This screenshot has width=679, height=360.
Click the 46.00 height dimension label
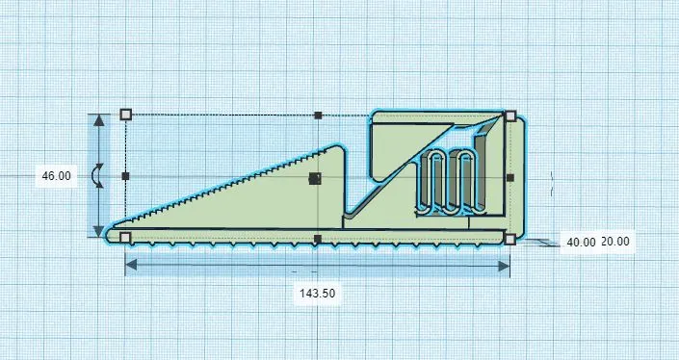[x=56, y=176]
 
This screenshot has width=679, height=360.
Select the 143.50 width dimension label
[x=317, y=294]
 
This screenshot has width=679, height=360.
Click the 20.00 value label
[x=615, y=243]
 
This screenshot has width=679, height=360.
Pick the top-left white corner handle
[x=125, y=115]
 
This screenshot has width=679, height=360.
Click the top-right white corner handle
[x=509, y=116]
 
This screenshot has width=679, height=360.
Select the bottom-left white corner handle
[x=125, y=237]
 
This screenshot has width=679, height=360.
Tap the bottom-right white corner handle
[x=509, y=237]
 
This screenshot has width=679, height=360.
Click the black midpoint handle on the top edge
[x=318, y=116]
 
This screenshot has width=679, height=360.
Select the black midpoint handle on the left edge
[x=125, y=176]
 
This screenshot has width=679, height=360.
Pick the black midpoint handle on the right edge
[x=509, y=177]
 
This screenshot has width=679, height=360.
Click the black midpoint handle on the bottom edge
[x=318, y=238]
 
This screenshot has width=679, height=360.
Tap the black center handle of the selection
[x=314, y=178]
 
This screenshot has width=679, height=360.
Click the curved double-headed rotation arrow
[x=95, y=175]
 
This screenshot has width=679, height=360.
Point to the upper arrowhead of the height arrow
[x=98, y=119]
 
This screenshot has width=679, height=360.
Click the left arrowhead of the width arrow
[x=131, y=265]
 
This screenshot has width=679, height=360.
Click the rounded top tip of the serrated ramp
[x=338, y=148]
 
